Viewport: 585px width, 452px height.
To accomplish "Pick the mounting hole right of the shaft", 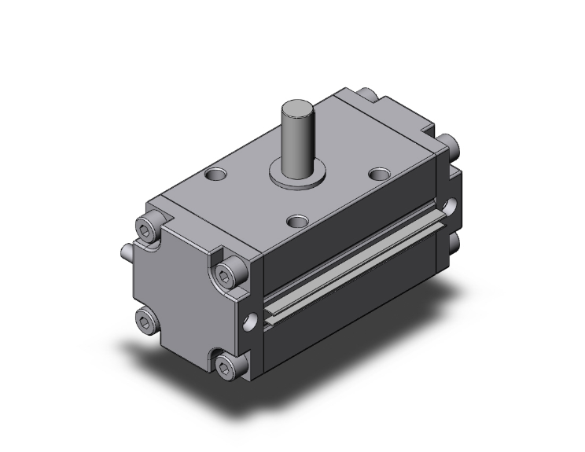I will click(379, 173).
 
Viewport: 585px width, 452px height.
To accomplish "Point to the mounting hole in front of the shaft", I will click(296, 222).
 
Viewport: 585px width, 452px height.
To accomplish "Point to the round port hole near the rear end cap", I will click(449, 206).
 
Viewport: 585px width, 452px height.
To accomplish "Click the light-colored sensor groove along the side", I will click(354, 268).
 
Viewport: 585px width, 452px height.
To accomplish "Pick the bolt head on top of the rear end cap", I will click(366, 95).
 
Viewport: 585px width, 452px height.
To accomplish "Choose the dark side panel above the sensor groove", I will click(346, 236).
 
